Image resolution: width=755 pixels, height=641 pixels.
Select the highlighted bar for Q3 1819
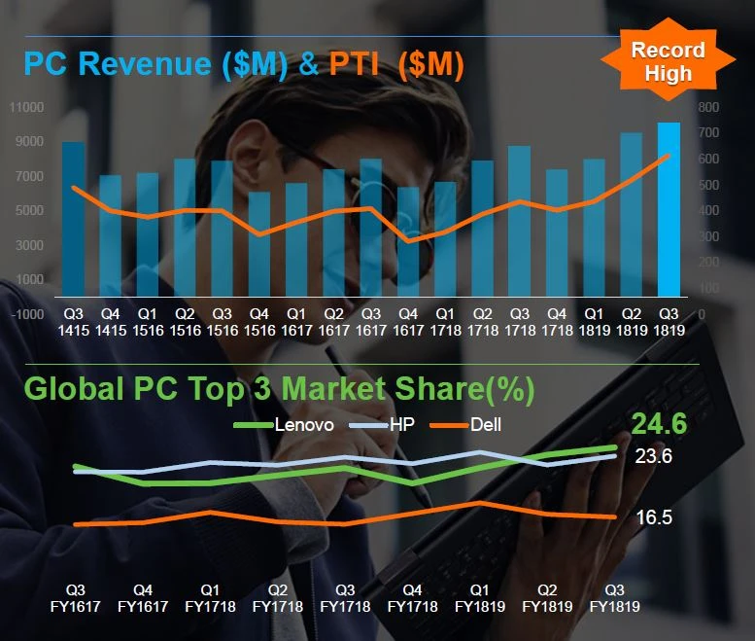click(669, 209)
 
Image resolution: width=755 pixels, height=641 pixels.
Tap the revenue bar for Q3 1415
click(74, 219)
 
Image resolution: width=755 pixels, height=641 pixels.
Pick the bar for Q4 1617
click(408, 241)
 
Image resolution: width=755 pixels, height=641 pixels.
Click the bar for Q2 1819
click(632, 214)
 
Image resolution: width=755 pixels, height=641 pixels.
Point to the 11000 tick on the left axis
click(27, 106)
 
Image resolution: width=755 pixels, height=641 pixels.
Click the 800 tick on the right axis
click(707, 106)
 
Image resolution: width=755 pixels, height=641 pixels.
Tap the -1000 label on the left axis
click(27, 314)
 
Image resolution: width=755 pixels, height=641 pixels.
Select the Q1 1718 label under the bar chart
click(444, 322)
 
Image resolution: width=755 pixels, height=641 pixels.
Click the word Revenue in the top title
click(144, 65)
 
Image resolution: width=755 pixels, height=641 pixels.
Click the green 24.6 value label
click(659, 424)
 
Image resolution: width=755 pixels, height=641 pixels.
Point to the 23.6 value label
click(654, 456)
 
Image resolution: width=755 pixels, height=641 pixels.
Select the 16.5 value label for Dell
click(654, 517)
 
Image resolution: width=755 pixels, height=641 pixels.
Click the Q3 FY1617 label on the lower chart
click(75, 597)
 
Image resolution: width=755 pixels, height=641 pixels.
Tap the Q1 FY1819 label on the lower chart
click(479, 597)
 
